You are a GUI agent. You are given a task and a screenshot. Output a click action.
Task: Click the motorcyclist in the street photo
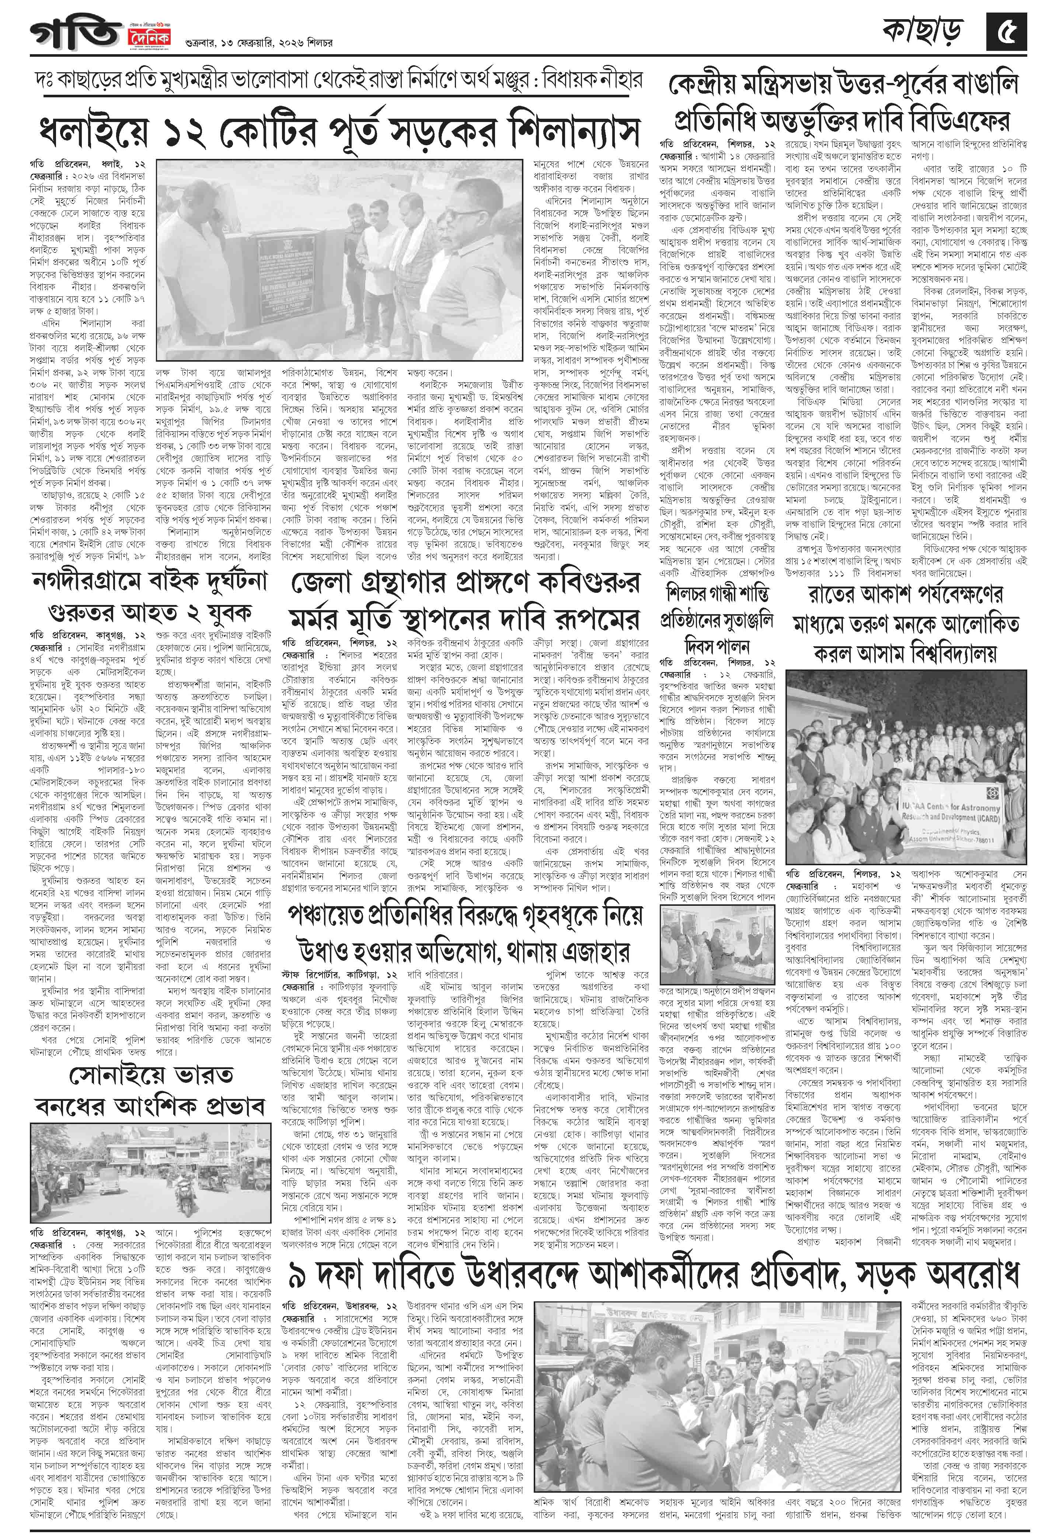click(181, 1186)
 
